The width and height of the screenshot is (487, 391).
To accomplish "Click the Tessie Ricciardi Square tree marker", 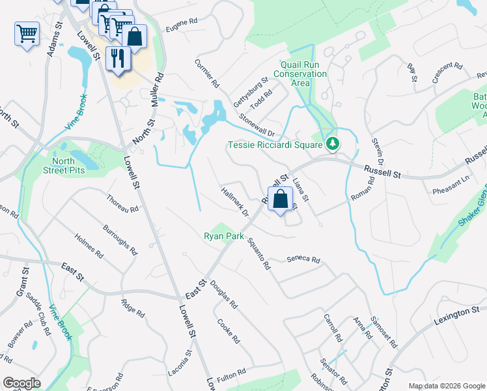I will [x=333, y=143].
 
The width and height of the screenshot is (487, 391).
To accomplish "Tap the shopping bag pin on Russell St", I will [x=280, y=201].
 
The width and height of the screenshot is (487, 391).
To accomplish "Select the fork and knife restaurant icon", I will [x=118, y=57].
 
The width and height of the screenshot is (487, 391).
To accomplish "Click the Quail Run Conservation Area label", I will [x=303, y=74].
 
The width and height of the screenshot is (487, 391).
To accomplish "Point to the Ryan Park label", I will [x=223, y=236].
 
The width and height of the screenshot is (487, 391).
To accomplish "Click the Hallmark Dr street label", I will [x=235, y=203].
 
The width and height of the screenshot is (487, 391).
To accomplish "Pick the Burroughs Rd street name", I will [x=120, y=240].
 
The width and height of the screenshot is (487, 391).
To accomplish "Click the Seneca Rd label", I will [x=303, y=260].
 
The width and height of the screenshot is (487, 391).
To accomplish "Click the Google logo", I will [x=21, y=384].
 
